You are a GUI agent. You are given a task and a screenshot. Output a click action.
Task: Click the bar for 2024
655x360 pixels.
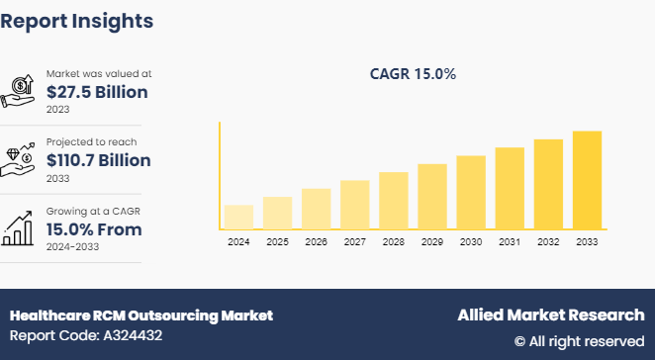tap(238, 217)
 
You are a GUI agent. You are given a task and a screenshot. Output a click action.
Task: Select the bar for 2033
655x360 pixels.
tap(587, 180)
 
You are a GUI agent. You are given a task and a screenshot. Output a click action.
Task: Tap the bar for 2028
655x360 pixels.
tap(394, 201)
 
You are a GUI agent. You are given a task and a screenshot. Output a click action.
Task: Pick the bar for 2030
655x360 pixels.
tap(471, 192)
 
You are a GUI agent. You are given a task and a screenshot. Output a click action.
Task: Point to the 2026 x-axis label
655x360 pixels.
tap(316, 242)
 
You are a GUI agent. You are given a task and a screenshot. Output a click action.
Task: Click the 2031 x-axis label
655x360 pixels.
tap(510, 242)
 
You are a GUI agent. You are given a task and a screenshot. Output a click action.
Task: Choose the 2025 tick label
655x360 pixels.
tap(277, 242)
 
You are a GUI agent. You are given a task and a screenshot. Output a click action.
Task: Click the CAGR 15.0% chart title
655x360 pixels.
tap(413, 74)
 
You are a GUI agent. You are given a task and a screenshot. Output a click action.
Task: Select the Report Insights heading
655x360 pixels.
tap(77, 20)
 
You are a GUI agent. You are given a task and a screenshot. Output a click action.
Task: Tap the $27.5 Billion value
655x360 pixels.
tap(97, 92)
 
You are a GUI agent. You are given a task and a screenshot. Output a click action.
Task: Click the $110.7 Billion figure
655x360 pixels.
tap(99, 160)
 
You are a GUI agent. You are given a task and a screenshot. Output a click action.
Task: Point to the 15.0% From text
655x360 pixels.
tap(94, 229)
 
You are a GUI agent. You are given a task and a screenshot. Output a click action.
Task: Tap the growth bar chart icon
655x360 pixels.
tap(20, 228)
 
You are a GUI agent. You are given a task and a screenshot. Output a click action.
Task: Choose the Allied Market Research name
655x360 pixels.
tap(550, 315)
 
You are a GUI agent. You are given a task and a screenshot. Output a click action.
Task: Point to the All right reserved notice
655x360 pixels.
tap(579, 341)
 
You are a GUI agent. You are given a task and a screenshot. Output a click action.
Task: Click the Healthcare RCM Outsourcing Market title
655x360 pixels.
tap(141, 315)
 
